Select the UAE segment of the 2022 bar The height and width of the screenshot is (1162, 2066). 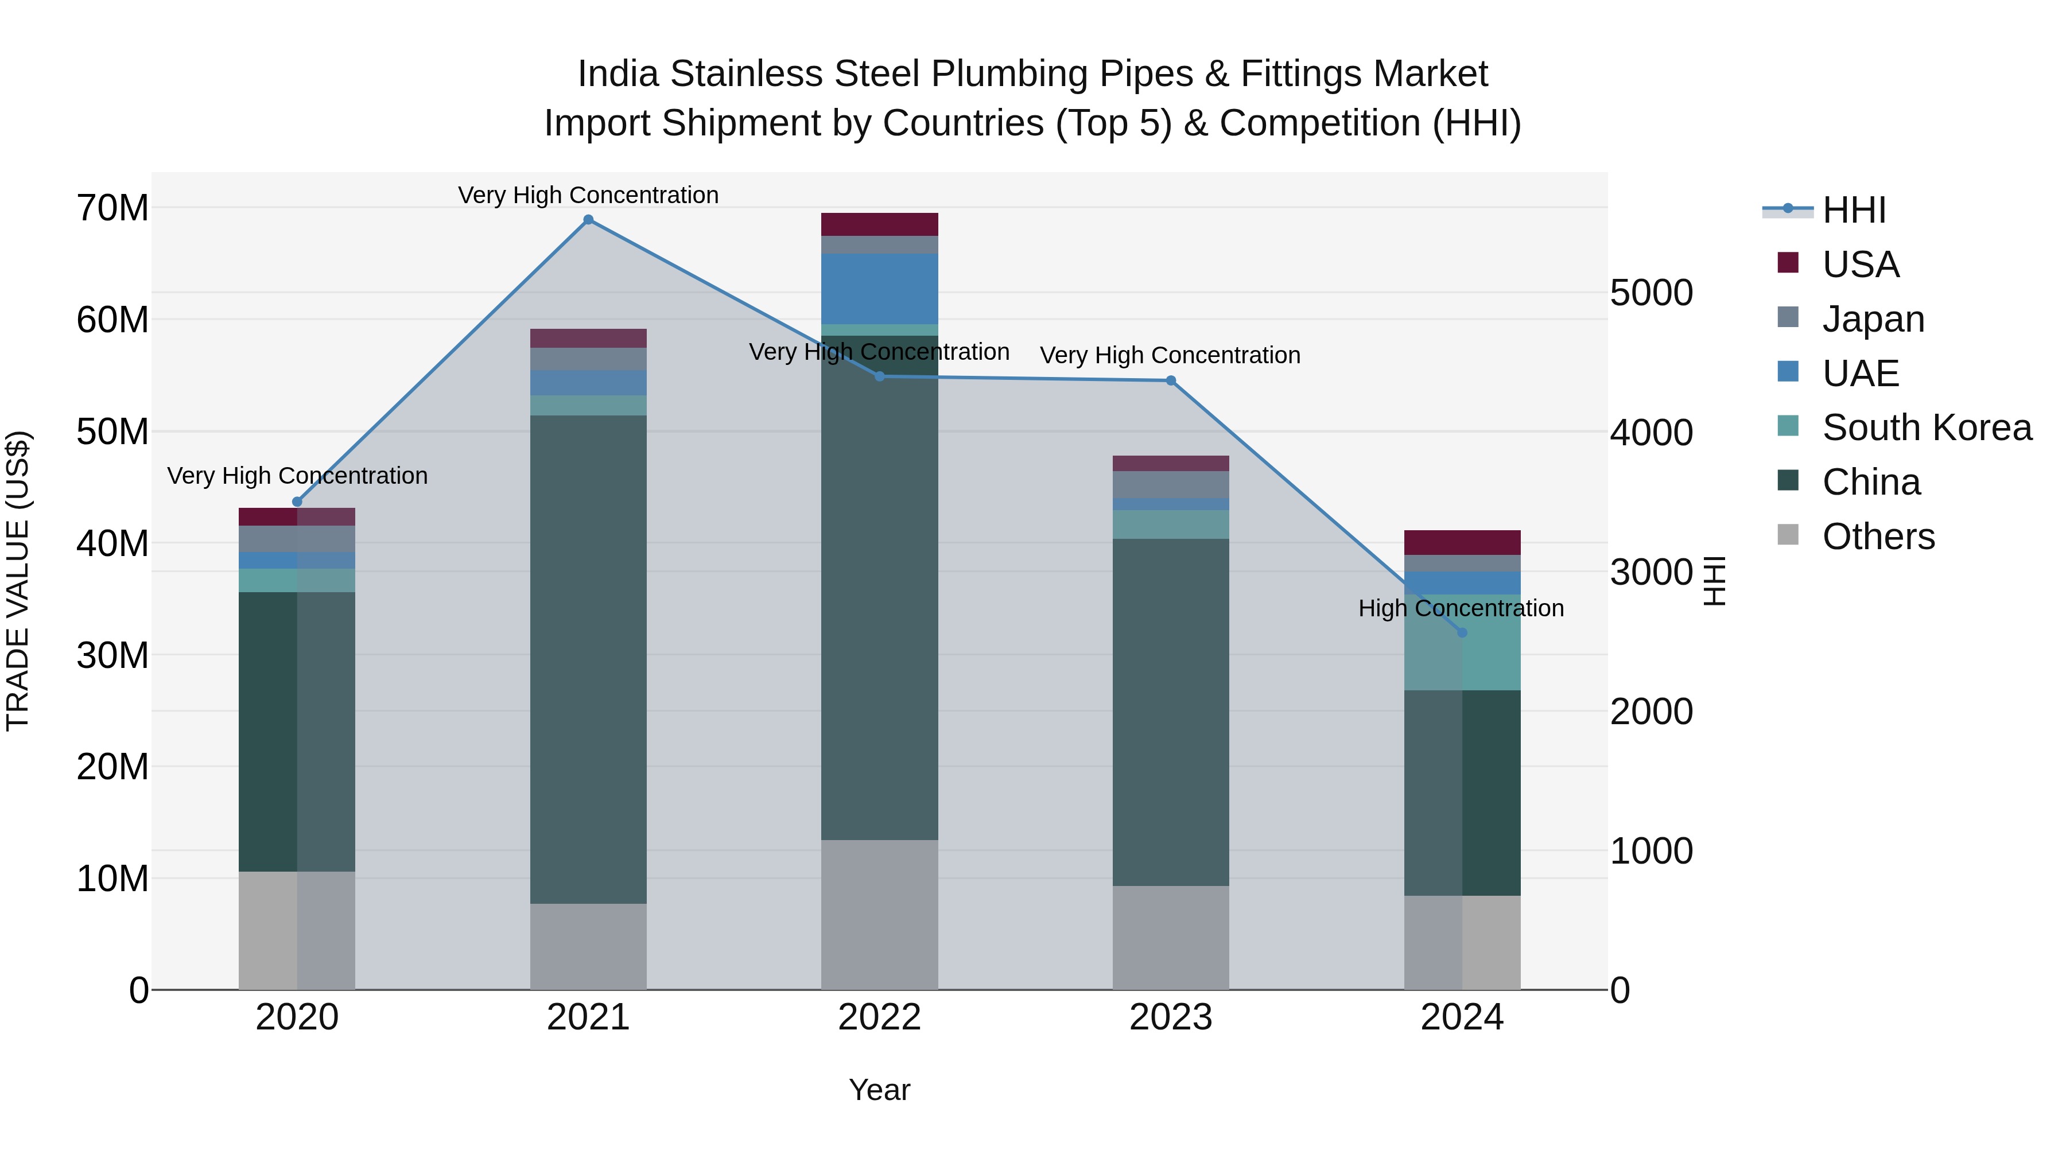(879, 289)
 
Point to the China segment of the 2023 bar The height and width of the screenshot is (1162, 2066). (1170, 712)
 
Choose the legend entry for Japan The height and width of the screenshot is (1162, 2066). (1872, 319)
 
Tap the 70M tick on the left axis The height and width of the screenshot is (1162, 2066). (112, 208)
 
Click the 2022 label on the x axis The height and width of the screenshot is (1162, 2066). (879, 1017)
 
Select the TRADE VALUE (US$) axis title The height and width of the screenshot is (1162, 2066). (18, 581)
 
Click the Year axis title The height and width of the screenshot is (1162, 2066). (879, 1090)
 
